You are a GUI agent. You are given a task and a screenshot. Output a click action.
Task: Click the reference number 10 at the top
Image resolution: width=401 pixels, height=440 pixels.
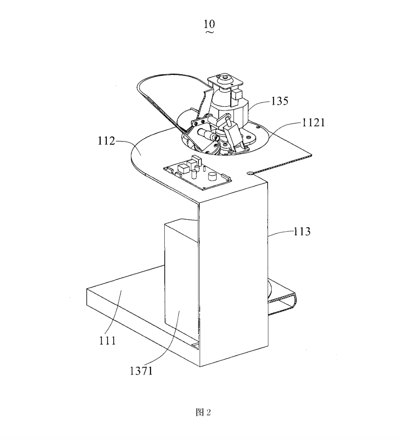coord(209,24)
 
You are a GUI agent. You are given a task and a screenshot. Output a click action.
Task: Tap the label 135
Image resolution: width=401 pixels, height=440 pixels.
coord(280,101)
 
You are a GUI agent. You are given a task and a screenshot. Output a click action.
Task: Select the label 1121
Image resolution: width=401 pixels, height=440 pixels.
coord(313,123)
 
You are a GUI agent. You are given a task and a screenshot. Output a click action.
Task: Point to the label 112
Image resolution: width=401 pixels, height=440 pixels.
coord(106,141)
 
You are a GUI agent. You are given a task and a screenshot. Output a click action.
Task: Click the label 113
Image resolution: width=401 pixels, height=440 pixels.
coord(302,232)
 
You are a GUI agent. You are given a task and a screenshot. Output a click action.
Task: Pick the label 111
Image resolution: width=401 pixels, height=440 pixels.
coord(107,341)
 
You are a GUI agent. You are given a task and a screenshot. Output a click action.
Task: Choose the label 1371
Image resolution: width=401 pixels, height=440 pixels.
coord(141,371)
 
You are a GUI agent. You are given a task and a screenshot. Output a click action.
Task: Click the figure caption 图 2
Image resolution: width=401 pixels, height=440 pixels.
coord(203,412)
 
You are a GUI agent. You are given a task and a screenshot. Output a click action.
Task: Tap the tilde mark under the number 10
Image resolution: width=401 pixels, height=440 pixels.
coord(209,32)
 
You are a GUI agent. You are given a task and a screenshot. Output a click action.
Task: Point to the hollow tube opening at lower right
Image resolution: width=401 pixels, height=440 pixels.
coord(283,304)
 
